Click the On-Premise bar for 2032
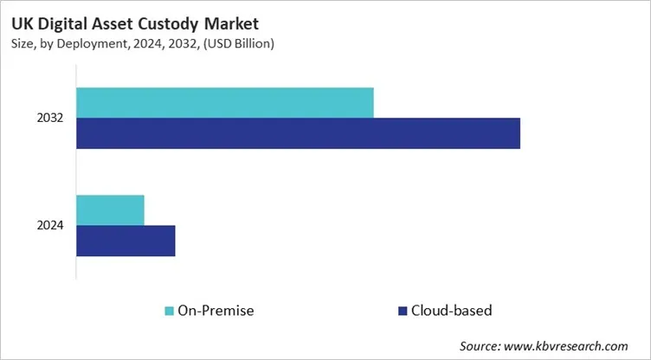[x=225, y=102]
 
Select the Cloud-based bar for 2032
[x=298, y=133]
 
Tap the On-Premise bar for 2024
[x=110, y=209]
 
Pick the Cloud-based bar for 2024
[x=126, y=241]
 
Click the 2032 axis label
[x=50, y=118]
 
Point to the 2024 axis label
[x=50, y=225]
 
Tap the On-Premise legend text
[x=216, y=310]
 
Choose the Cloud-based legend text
[x=451, y=310]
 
